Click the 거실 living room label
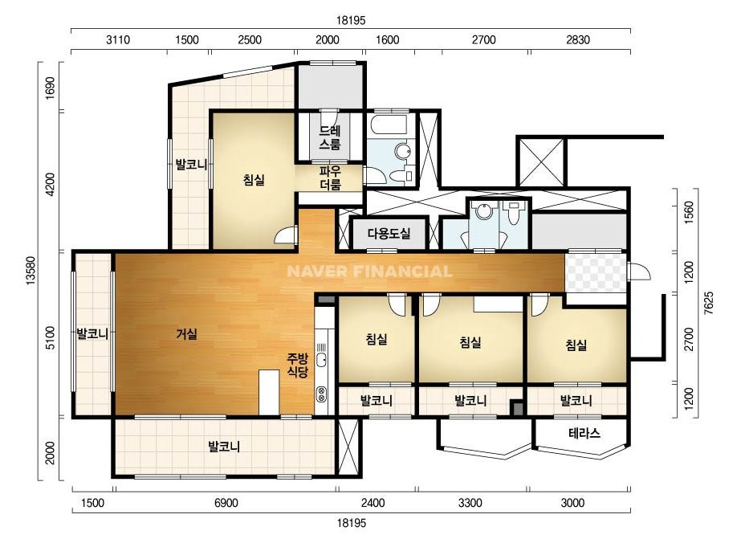tap(187, 334)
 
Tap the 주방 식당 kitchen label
tap(298, 365)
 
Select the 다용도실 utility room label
tap(389, 233)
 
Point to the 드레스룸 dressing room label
tap(330, 137)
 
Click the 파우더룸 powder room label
tap(330, 178)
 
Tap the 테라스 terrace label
tap(584, 433)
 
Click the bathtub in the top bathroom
tap(389, 125)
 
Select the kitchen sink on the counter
tap(321, 360)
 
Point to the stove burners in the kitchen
tap(321, 394)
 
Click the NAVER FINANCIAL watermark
tap(369, 271)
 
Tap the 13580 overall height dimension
tap(31, 271)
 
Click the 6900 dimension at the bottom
tap(226, 502)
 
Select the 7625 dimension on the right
tap(708, 303)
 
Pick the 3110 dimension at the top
tap(118, 39)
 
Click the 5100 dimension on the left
tap(50, 337)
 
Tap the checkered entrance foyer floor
tap(596, 272)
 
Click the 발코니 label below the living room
tap(224, 446)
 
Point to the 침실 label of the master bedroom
tap(254, 180)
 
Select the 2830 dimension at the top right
tap(578, 39)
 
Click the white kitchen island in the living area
tap(269, 393)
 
